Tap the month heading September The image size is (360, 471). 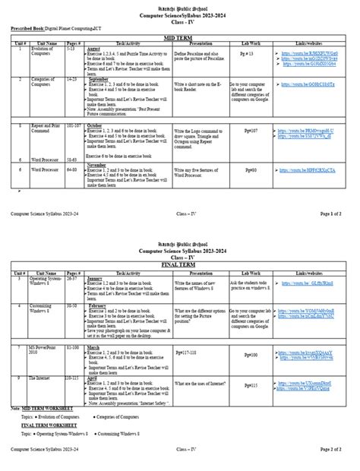pyautogui.click(x=99, y=79)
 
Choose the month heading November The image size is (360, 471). pyautogui.click(x=97, y=164)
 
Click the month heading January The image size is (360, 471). pyautogui.click(x=96, y=279)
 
